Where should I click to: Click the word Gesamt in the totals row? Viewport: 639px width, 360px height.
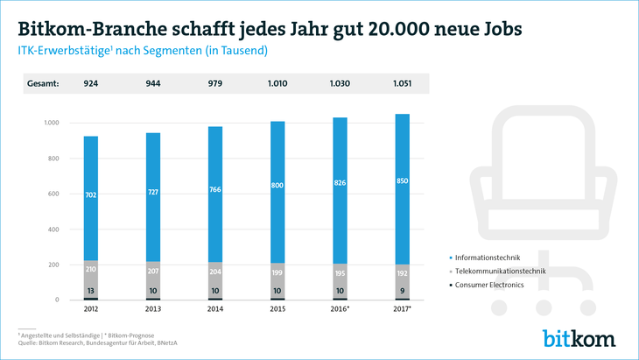[43, 84]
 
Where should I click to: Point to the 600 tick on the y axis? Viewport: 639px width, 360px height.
[52, 194]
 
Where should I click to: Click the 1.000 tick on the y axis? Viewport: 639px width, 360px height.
[49, 123]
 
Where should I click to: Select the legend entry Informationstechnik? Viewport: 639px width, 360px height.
[494, 258]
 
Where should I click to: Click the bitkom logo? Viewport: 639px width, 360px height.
[579, 338]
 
